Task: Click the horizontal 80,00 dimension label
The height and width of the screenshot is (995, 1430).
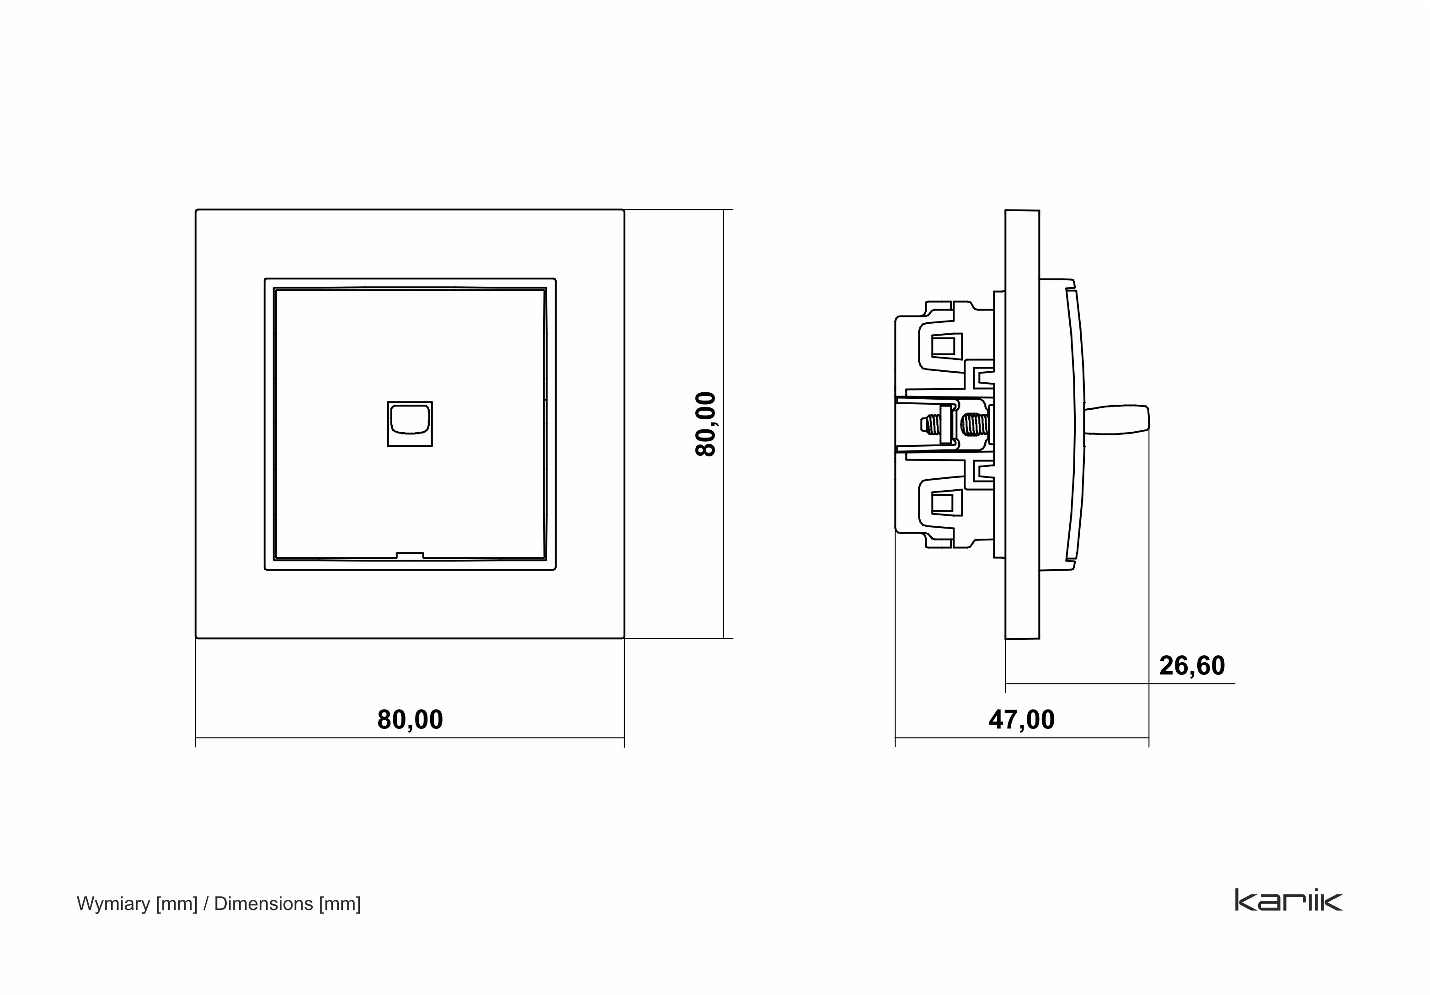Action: pyautogui.click(x=410, y=720)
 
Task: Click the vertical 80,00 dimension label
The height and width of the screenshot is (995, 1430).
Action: pyautogui.click(x=706, y=424)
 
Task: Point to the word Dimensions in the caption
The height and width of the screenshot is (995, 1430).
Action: pyautogui.click(x=263, y=904)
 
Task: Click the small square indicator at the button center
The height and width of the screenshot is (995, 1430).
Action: pyautogui.click(x=410, y=424)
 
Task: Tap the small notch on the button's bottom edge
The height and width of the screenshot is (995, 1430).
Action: pyautogui.click(x=410, y=555)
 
